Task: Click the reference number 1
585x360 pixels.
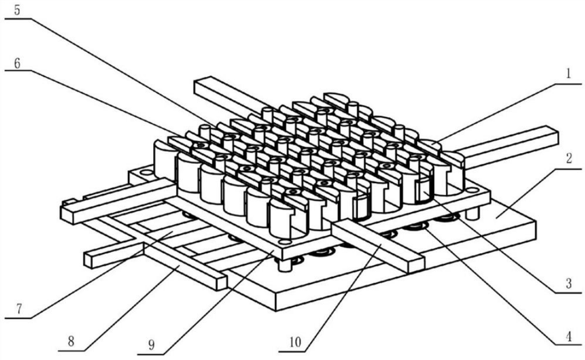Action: [568, 74]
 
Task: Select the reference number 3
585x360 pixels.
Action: [568, 284]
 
